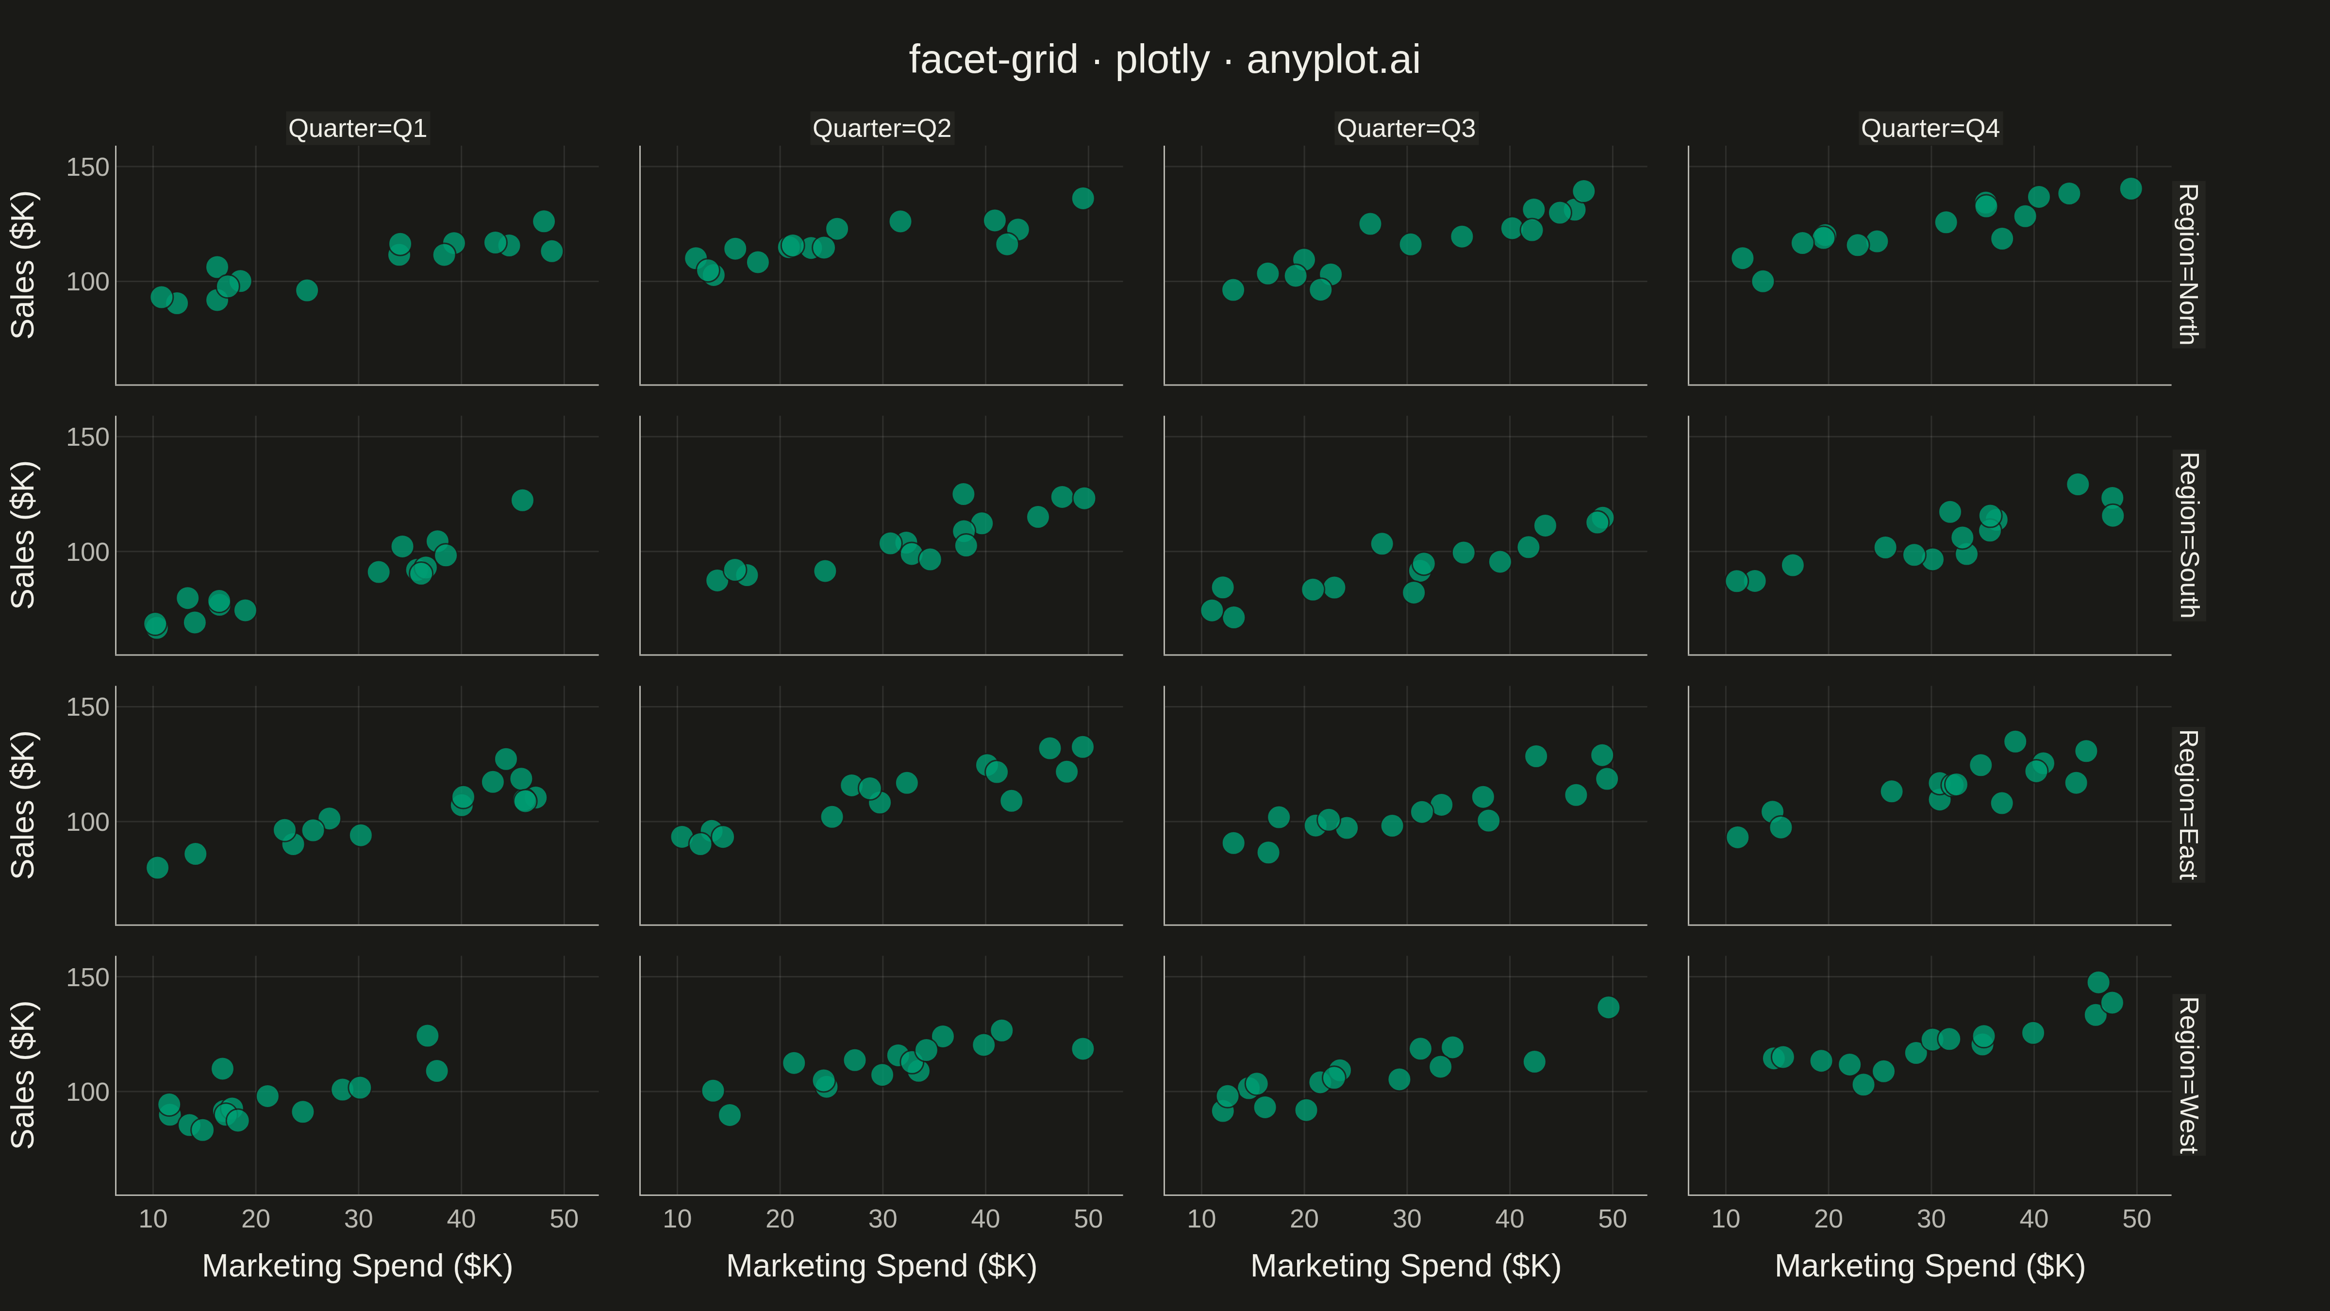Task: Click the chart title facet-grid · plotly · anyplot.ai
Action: tap(1164, 60)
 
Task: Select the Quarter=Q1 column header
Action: tap(357, 129)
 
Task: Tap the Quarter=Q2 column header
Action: tap(882, 129)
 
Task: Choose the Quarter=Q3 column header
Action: tap(1406, 129)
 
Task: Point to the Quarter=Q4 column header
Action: tap(1930, 129)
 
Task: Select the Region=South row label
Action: tap(2187, 536)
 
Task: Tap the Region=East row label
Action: tap(2187, 805)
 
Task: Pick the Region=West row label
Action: tap(2187, 1076)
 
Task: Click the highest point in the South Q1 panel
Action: tap(522, 500)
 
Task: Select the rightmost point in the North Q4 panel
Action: tap(2131, 189)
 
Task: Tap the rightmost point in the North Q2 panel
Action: tap(1082, 198)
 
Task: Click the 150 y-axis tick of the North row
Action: tap(88, 168)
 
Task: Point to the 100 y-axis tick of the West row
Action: tap(88, 1092)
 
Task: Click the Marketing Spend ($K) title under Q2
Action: tap(882, 1266)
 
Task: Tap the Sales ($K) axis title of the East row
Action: tap(23, 805)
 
